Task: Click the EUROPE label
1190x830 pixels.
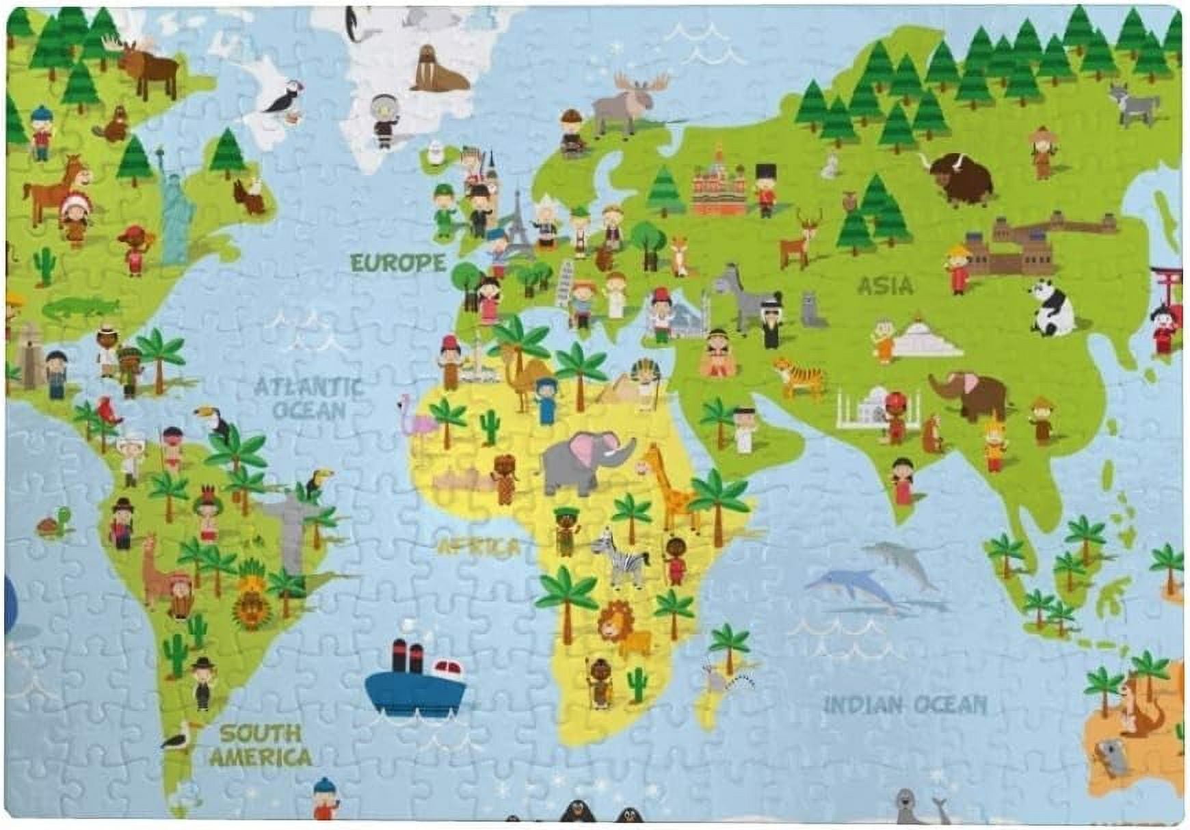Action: pyautogui.click(x=397, y=263)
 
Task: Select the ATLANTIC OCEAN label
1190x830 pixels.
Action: pyautogui.click(x=309, y=399)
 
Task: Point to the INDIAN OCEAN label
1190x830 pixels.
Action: pyautogui.click(x=905, y=704)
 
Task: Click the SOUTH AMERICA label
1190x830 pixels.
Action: pyautogui.click(x=261, y=745)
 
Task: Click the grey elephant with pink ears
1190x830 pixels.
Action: pyautogui.click(x=586, y=461)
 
